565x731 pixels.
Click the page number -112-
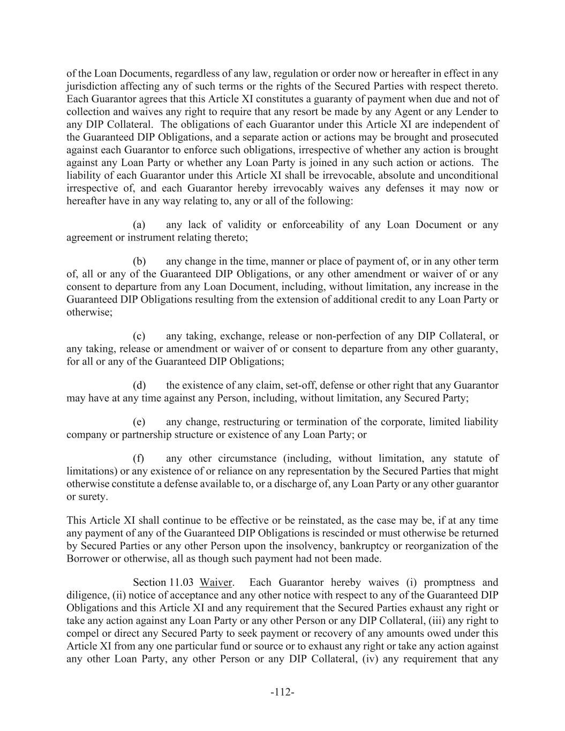pos(282,692)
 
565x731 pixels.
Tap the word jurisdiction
pos(93,86)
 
